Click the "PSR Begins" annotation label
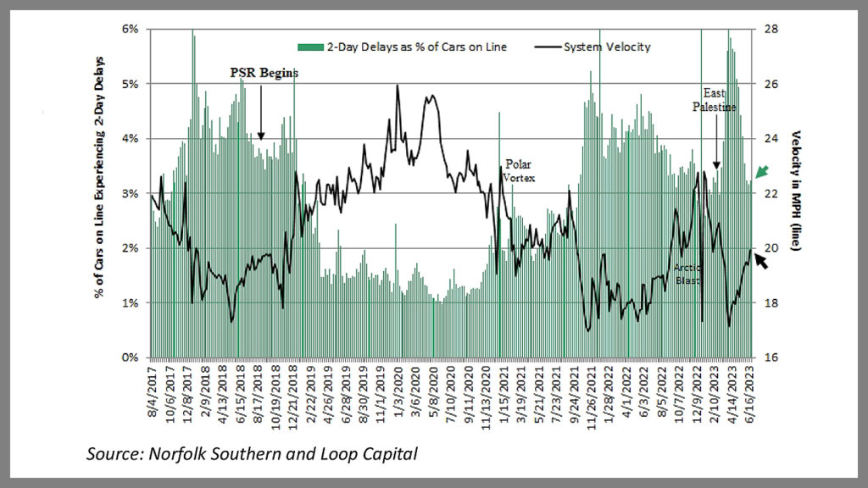coord(264,73)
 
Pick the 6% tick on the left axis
coord(131,29)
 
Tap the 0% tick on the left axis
coord(131,358)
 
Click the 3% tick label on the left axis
coord(131,193)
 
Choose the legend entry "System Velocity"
coord(607,47)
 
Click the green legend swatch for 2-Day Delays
coord(310,47)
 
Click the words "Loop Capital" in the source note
coord(373,454)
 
